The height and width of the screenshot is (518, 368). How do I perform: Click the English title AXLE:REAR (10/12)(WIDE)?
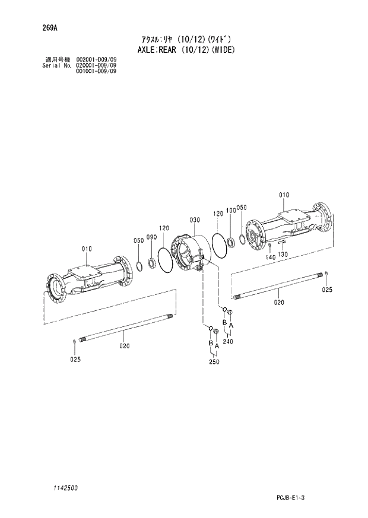click(x=184, y=49)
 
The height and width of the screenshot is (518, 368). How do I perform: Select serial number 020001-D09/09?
click(x=96, y=65)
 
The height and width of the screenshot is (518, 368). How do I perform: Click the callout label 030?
click(x=195, y=220)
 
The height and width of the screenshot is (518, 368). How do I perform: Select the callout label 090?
click(x=151, y=237)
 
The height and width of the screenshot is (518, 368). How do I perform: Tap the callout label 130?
click(x=283, y=255)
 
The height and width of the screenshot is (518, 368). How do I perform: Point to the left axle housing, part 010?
click(x=89, y=279)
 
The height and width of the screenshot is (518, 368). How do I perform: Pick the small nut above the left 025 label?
click(x=73, y=341)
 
